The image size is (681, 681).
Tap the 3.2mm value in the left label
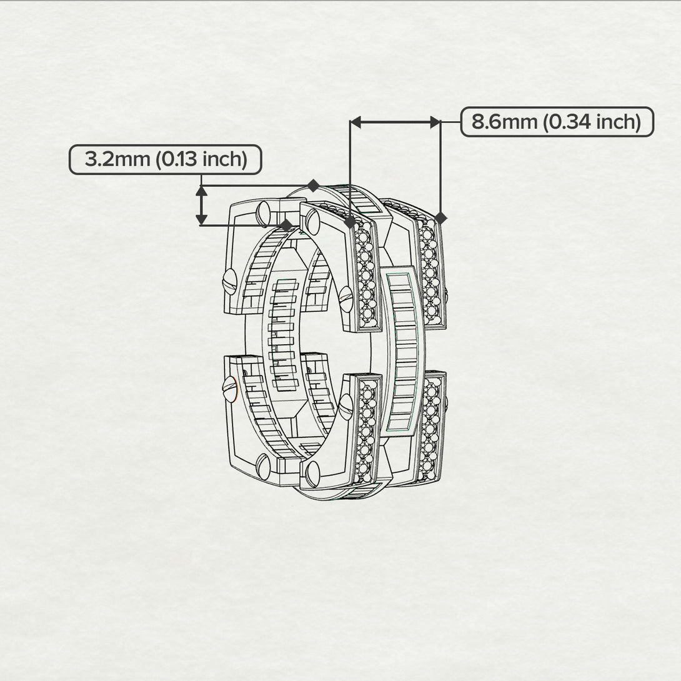[x=117, y=159]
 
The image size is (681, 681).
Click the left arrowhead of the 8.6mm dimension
[x=356, y=122]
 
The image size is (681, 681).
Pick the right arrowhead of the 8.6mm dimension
[x=435, y=122]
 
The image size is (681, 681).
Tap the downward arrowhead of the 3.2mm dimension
[x=201, y=219]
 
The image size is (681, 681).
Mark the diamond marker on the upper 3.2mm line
[x=313, y=186]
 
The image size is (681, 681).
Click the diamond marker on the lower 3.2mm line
[x=286, y=225]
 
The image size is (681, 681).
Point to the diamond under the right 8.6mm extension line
[x=440, y=218]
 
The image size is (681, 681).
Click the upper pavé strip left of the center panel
[x=366, y=275]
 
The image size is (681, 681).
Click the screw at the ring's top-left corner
[x=264, y=213]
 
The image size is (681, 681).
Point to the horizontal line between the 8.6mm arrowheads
[x=395, y=122]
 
